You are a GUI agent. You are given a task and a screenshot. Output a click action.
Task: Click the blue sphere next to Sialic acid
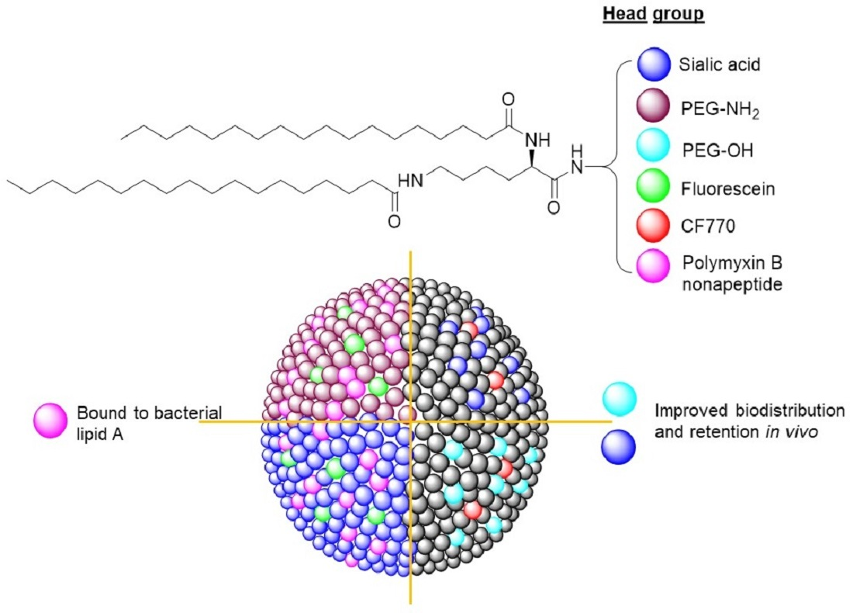coord(654,64)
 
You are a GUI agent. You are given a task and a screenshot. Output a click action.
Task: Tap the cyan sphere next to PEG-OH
coord(654,147)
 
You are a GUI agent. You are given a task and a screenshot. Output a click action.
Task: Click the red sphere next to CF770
coord(654,226)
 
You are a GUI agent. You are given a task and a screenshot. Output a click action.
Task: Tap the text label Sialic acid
coord(718,64)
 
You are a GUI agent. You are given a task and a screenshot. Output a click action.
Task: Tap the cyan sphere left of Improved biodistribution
coord(618,399)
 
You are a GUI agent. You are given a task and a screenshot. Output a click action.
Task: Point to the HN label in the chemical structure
coord(410,180)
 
